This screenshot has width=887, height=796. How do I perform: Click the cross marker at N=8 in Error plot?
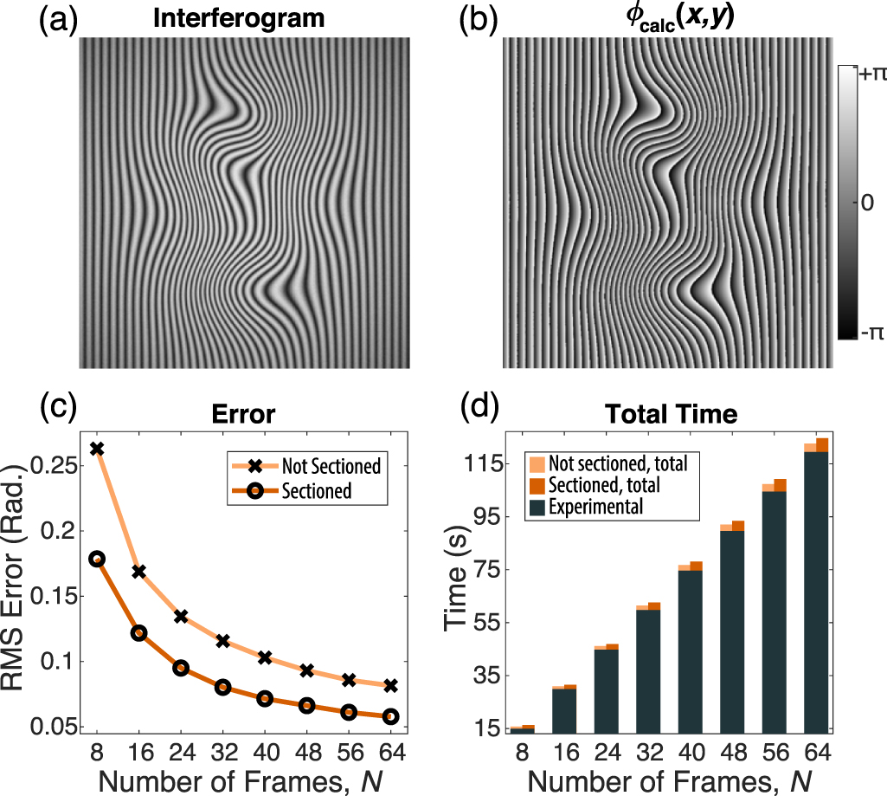(97, 449)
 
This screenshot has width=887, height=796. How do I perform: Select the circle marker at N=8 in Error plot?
(97, 559)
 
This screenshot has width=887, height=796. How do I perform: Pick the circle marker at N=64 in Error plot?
(390, 716)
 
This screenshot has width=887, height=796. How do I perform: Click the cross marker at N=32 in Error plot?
(222, 641)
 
